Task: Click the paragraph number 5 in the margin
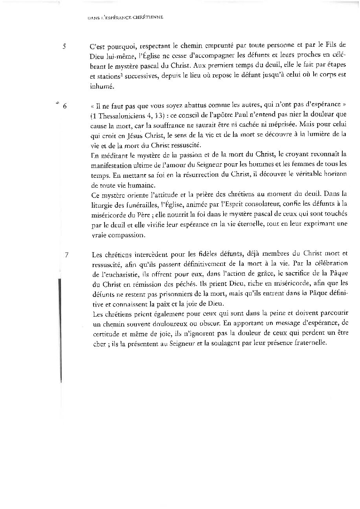[x=64, y=46]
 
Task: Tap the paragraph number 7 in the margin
[x=66, y=254]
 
